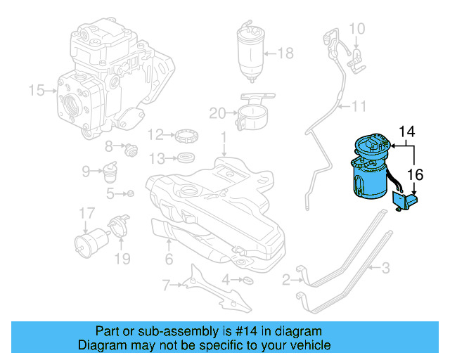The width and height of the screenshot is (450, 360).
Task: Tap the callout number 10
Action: point(357,29)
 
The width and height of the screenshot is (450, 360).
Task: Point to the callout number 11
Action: point(359,107)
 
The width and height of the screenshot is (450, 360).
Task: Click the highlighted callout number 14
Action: point(408,131)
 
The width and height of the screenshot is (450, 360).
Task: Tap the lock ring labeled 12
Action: point(185,134)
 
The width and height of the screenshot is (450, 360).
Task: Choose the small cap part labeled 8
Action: point(129,148)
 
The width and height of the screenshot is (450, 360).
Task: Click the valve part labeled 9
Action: point(110,171)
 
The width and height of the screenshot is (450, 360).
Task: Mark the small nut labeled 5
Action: point(130,193)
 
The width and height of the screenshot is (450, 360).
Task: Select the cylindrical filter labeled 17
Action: point(86,243)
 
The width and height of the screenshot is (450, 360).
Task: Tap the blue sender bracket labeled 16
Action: point(406,203)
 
